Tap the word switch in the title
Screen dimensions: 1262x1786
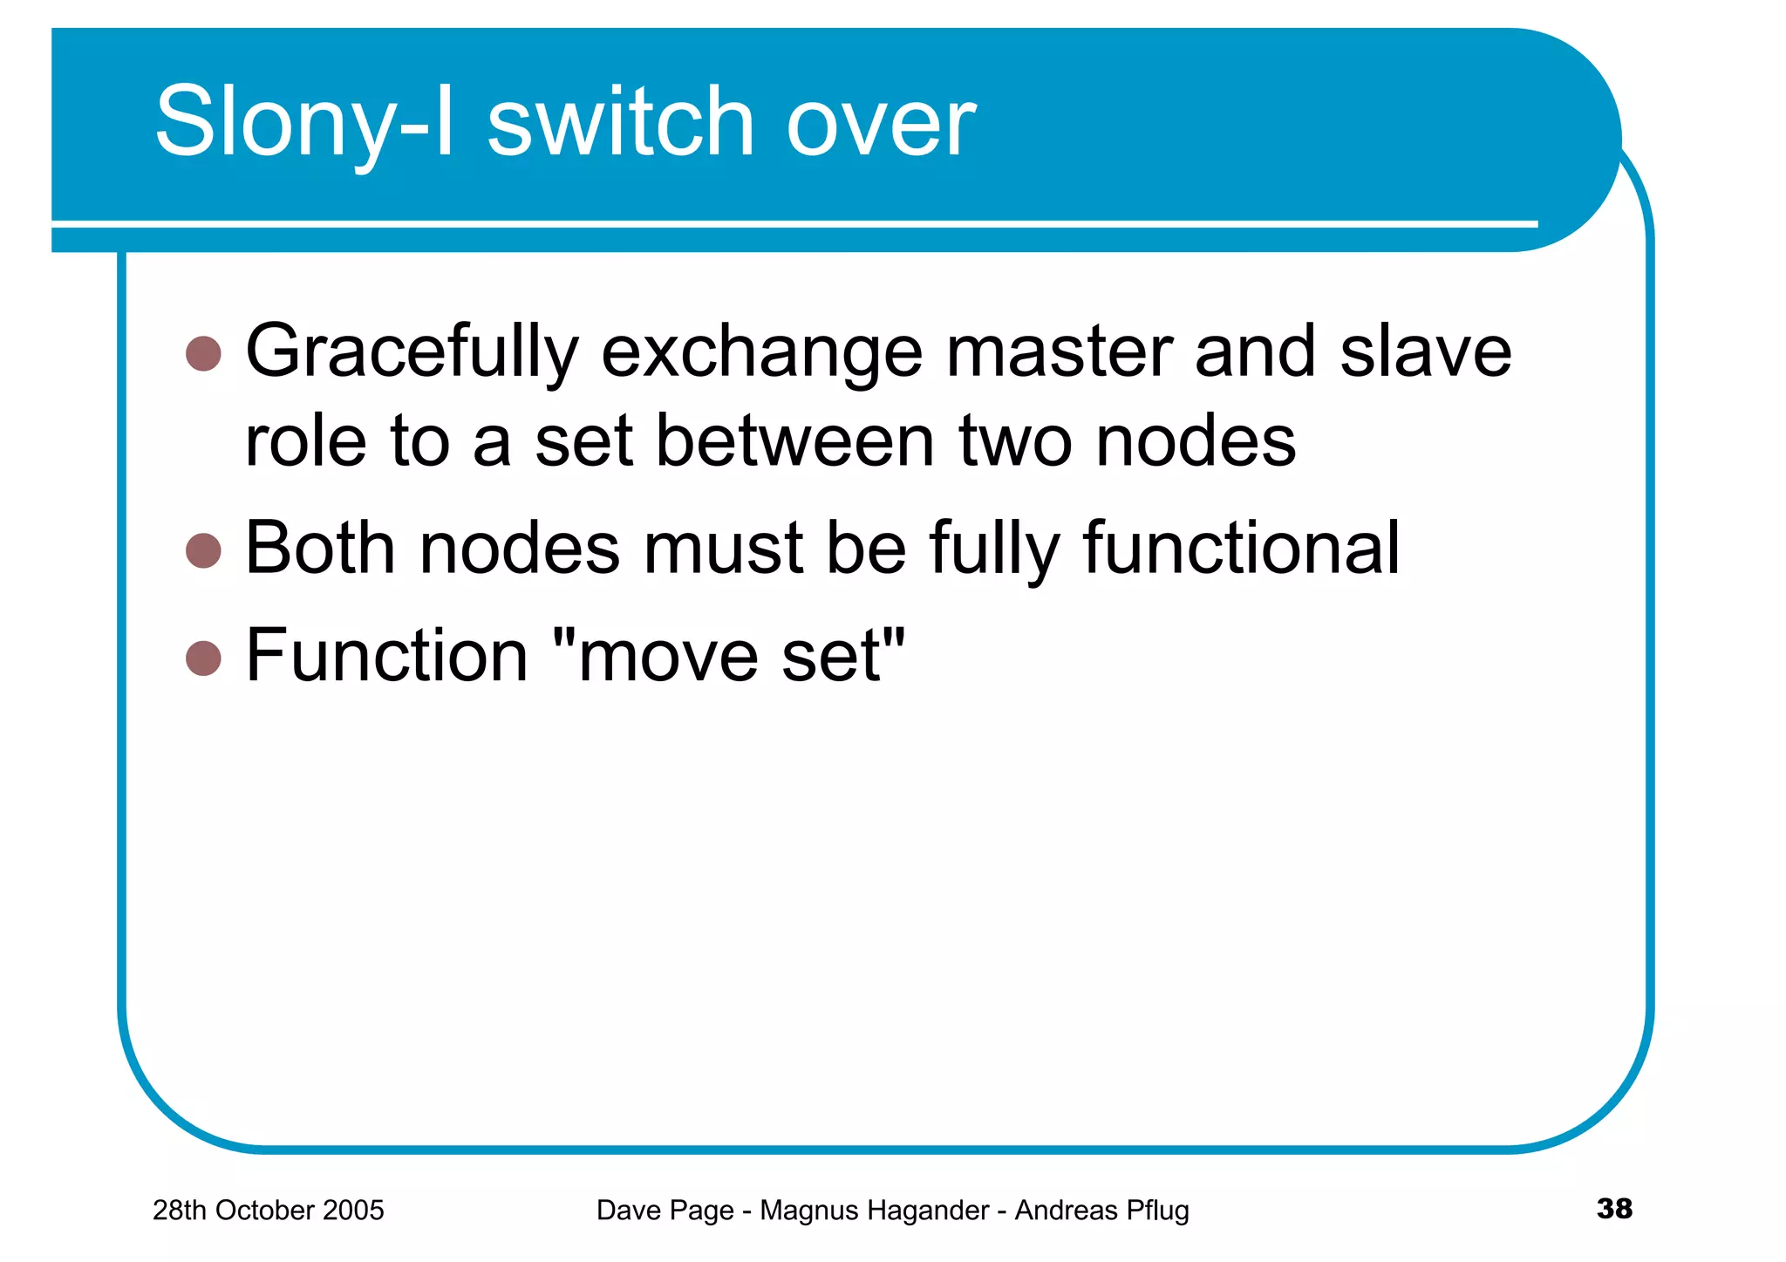[x=620, y=123]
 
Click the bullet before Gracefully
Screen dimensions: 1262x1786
[x=204, y=353]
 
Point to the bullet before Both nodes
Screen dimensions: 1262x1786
[x=204, y=550]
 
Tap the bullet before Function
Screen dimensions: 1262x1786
[x=204, y=658]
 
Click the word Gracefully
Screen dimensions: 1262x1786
[x=412, y=353]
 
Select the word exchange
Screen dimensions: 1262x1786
[x=761, y=353]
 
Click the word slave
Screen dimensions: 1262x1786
[x=1425, y=351]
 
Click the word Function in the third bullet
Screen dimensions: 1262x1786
[x=387, y=656]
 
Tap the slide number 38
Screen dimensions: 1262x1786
[x=1614, y=1209]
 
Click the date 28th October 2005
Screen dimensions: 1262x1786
[x=268, y=1211]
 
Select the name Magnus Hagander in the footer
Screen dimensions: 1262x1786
[x=874, y=1211]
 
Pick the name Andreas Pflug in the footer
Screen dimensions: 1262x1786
[x=1101, y=1211]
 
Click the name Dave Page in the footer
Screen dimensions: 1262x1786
[x=665, y=1211]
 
